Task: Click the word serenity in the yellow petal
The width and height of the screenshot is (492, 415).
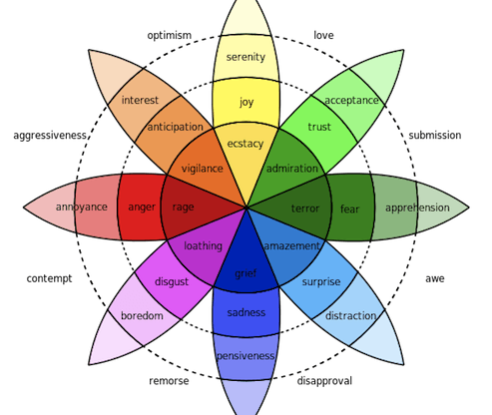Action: [x=246, y=57]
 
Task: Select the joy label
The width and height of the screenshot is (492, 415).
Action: [x=246, y=101]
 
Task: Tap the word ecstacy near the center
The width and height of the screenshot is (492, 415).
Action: [x=246, y=144]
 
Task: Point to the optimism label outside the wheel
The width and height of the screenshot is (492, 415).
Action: [x=170, y=35]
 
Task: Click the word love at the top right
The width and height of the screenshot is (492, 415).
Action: [x=323, y=35]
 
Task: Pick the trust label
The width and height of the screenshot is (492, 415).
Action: [x=318, y=127]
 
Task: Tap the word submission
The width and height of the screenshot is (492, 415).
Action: [x=433, y=136]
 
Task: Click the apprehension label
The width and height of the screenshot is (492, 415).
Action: [x=416, y=208]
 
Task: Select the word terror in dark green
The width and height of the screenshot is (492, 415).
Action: [x=304, y=208]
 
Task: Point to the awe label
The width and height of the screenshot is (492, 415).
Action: [x=434, y=278]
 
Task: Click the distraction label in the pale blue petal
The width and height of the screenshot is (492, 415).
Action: [x=351, y=316]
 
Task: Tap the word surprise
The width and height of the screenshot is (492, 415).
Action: [x=321, y=281]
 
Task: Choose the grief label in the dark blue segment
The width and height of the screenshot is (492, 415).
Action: [x=246, y=272]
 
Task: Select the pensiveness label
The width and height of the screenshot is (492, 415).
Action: [x=246, y=355]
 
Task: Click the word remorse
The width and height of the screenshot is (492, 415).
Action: [x=169, y=381]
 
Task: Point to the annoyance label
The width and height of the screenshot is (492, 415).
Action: [x=81, y=207]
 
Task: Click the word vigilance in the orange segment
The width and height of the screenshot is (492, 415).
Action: [x=202, y=170]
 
